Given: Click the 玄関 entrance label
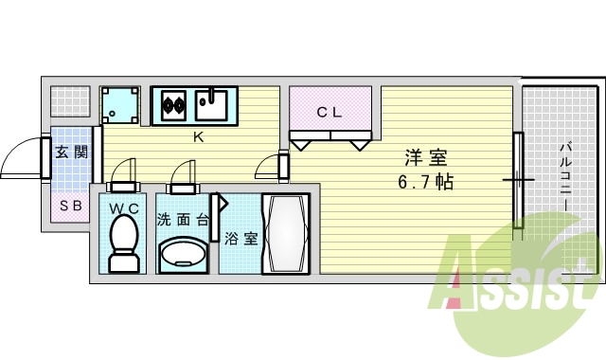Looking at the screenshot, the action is pyautogui.click(x=71, y=152).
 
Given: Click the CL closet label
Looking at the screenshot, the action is pyautogui.click(x=329, y=112).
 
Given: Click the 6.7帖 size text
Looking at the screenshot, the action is pyautogui.click(x=424, y=181).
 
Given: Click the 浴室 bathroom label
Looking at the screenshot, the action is pyautogui.click(x=241, y=239).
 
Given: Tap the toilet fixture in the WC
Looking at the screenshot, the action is pyautogui.click(x=123, y=243).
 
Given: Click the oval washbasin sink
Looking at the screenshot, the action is pyautogui.click(x=184, y=253).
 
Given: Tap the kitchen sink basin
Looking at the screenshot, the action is pyautogui.click(x=214, y=104).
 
